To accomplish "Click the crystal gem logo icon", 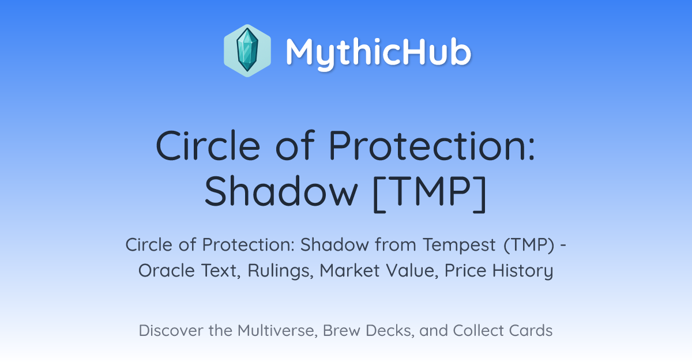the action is [247, 51].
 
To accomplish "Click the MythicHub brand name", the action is [378, 52].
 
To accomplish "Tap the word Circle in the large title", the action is [208, 145].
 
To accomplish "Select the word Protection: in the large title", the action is [432, 145].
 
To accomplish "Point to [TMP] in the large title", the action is [430, 193].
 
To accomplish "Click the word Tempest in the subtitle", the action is [459, 245].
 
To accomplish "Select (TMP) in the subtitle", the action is [529, 245].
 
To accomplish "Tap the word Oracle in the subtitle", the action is [167, 271].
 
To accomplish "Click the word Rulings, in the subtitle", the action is [280, 271].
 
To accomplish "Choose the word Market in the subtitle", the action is [349, 271].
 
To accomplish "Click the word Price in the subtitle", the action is [465, 271].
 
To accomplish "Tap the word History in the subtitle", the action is [522, 271].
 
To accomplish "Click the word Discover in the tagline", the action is [171, 331].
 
